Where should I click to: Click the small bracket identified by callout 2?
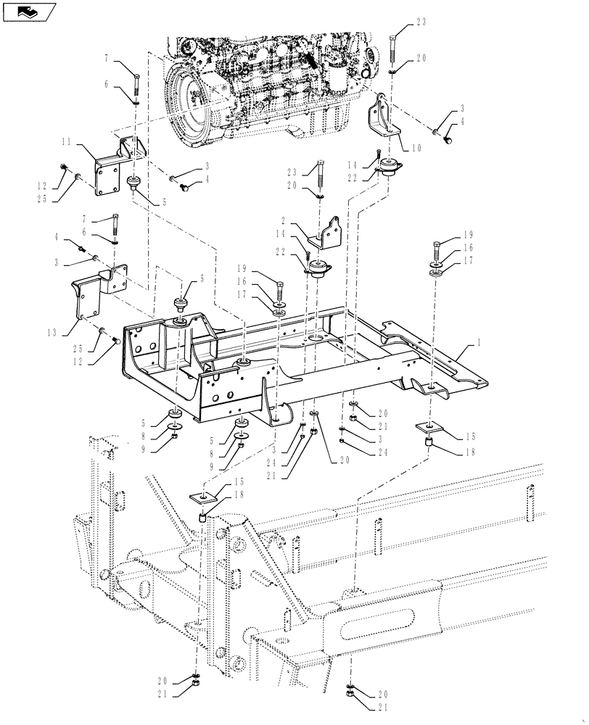(x=324, y=232)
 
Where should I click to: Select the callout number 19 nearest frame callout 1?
(x=468, y=235)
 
